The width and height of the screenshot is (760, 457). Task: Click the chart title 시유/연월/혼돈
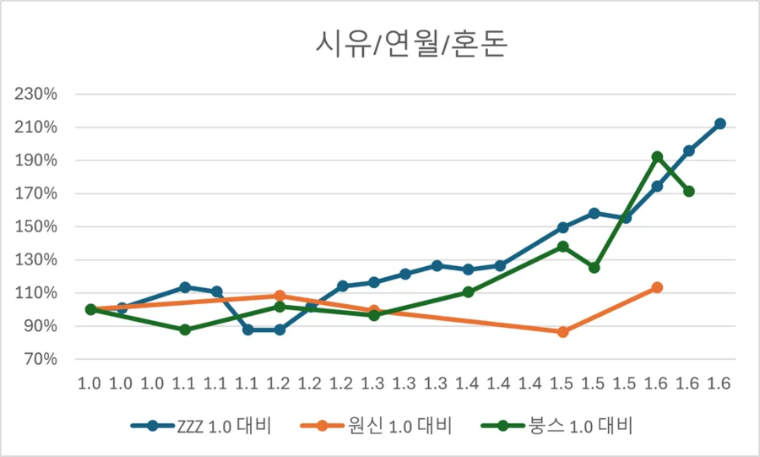coord(400,42)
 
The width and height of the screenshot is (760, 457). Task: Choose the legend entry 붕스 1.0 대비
coord(561,425)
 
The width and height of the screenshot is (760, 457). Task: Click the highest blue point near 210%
coord(720,123)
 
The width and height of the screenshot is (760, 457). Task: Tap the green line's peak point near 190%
coord(657,157)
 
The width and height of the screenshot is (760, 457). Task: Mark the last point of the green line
coord(689,191)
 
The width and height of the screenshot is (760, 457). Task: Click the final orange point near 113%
coord(657,288)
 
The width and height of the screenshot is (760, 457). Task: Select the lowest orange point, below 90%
coord(563,332)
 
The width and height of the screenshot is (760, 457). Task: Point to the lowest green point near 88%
coord(185,329)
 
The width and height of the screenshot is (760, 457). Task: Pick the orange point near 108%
coord(280,297)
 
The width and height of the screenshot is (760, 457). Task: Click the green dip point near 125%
coord(594,268)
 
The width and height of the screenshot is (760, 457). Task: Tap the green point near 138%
coord(563,247)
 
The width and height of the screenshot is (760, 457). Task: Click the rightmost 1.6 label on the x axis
coord(720,383)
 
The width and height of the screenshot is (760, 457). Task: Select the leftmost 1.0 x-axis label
coord(90,383)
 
